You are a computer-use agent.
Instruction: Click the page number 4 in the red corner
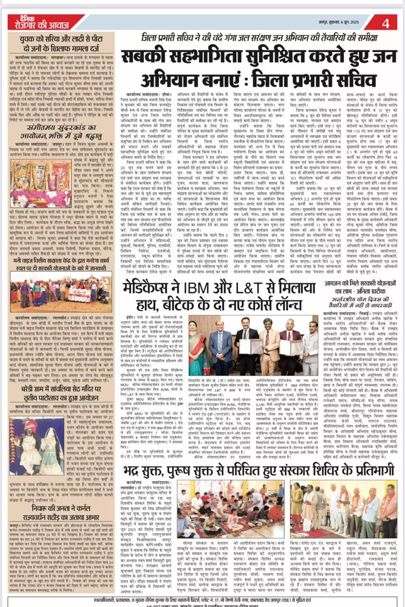(386, 23)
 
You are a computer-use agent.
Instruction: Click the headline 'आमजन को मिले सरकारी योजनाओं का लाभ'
(360, 287)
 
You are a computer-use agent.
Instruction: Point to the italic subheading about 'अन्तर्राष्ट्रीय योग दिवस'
(360, 302)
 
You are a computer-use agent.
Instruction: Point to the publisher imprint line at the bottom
(202, 598)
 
